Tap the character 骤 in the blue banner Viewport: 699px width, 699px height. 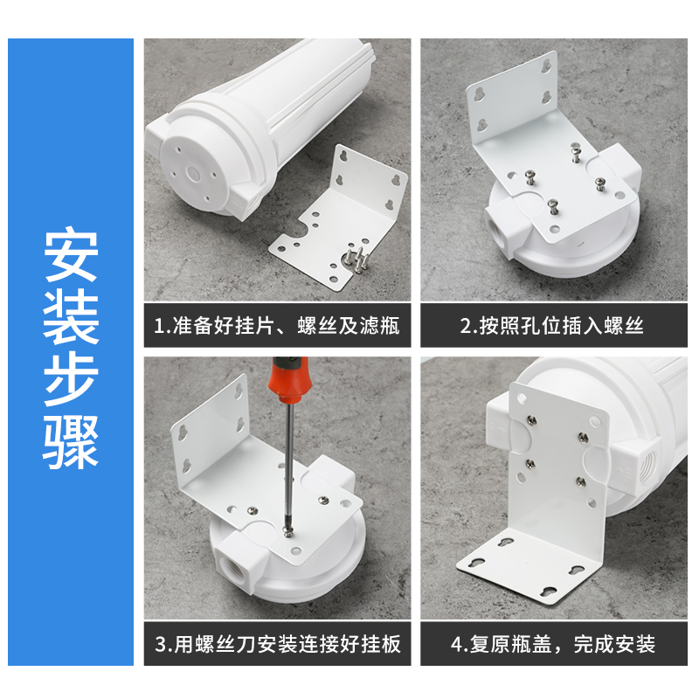(x=71, y=442)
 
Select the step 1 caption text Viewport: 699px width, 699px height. (x=277, y=325)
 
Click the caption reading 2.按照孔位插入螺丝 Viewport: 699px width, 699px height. (x=552, y=325)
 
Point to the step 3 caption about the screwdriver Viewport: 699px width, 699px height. (x=277, y=644)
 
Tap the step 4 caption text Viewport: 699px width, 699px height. (x=553, y=644)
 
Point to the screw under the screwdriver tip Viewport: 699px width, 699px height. (x=288, y=530)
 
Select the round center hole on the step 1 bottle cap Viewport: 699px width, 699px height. (x=194, y=173)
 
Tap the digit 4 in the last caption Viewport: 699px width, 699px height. (x=456, y=644)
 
